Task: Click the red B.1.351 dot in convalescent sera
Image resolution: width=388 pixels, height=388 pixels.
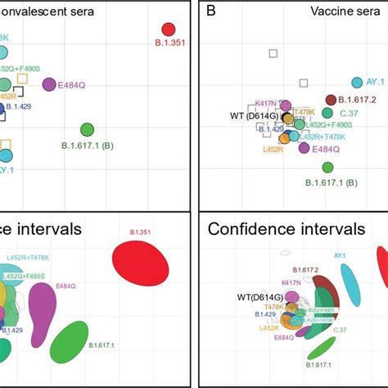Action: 169,31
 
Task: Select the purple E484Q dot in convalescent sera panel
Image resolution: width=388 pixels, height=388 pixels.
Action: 50,84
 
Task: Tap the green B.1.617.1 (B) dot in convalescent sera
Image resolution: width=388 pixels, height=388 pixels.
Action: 88,129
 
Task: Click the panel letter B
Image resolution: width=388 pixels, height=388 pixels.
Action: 211,11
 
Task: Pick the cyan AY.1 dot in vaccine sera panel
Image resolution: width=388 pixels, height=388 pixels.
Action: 357,83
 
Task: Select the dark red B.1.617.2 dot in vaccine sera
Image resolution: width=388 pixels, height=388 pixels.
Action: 332,100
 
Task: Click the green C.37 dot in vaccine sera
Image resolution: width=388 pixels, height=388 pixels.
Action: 327,113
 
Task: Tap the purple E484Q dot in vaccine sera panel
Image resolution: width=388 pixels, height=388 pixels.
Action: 305,147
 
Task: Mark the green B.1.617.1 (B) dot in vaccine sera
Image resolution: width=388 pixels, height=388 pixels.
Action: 328,167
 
